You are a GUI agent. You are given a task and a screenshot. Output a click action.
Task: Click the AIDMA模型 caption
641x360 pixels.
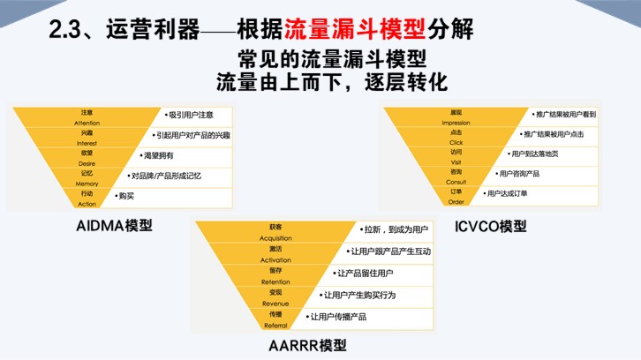click(x=115, y=225)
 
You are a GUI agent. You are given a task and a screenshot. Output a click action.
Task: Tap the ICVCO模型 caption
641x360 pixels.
click(x=491, y=226)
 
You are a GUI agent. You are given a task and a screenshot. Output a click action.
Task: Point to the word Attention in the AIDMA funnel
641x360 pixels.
click(x=87, y=123)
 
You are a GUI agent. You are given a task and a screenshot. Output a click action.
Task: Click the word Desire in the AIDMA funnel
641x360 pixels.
click(x=87, y=162)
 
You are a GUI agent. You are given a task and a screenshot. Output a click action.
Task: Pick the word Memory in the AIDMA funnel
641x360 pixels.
click(x=87, y=183)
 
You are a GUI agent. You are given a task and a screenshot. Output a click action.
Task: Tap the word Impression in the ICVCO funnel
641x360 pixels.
click(x=456, y=123)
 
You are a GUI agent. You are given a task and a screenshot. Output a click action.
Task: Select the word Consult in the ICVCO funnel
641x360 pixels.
click(x=456, y=182)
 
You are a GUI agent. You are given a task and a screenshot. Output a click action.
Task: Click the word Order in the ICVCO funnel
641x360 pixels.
click(x=456, y=202)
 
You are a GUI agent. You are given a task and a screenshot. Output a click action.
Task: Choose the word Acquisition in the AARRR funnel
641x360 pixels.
click(x=275, y=238)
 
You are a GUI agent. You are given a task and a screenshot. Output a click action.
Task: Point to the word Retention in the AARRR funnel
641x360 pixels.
click(x=275, y=281)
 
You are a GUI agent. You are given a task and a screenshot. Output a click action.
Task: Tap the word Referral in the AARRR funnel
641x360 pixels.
click(x=275, y=325)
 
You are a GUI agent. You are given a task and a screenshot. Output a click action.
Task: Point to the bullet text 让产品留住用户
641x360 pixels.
click(x=366, y=274)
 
